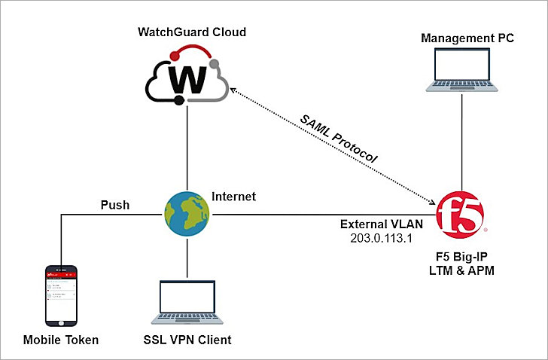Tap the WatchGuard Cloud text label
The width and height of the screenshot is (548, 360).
[192, 32]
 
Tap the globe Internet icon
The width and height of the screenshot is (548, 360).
[186, 213]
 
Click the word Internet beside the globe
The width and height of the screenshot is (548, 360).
[233, 197]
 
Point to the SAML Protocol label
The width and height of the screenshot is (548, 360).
[338, 139]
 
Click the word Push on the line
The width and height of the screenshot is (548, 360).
[115, 205]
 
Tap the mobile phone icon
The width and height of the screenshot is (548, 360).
[61, 294]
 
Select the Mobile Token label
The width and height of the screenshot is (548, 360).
[60, 340]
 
